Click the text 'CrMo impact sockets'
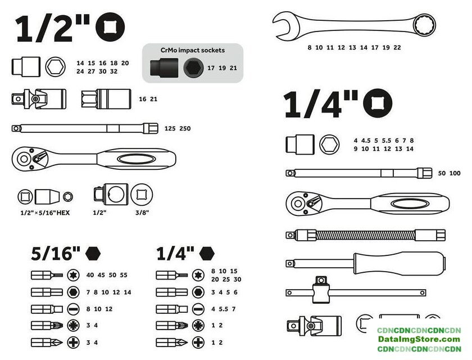(x=192, y=50)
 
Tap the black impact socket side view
(x=164, y=67)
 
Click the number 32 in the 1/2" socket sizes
(x=114, y=71)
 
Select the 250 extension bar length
(x=185, y=128)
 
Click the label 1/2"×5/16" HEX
(x=45, y=213)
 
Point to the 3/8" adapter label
(x=142, y=213)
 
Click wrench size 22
(x=397, y=47)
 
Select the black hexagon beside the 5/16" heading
(x=93, y=253)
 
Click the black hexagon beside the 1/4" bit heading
(x=207, y=253)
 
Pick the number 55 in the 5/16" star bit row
(x=124, y=274)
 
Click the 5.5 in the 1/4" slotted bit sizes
(x=224, y=309)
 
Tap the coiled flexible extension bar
(x=365, y=235)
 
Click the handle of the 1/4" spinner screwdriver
(x=400, y=263)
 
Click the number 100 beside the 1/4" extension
(x=455, y=173)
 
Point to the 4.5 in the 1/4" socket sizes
(x=366, y=141)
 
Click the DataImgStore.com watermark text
(x=419, y=339)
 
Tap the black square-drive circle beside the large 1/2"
(x=110, y=27)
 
